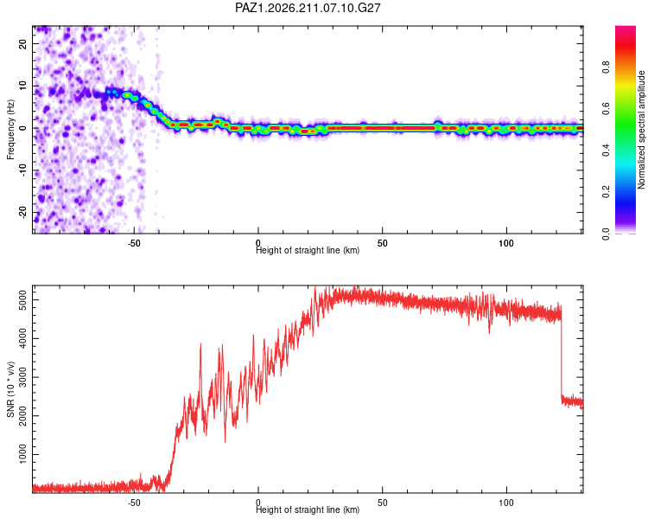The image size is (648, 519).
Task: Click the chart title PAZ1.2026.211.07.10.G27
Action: click(x=308, y=8)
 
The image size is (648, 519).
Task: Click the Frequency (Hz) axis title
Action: click(x=10, y=130)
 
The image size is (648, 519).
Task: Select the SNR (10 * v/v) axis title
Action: click(x=10, y=389)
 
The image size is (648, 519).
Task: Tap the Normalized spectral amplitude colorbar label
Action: click(x=641, y=130)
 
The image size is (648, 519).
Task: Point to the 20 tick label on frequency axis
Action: click(x=22, y=43)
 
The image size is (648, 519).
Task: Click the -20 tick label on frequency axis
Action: click(x=22, y=212)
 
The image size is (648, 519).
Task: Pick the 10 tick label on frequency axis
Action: click(x=22, y=86)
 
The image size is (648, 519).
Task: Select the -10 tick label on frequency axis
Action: click(x=22, y=170)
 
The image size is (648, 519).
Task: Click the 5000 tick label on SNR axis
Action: click(x=22, y=299)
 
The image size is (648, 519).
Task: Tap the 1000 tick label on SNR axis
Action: click(x=22, y=454)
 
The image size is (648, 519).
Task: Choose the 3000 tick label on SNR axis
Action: click(x=22, y=377)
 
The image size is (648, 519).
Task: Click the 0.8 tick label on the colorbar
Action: click(x=606, y=67)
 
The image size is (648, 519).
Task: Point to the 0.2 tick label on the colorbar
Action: click(x=606, y=192)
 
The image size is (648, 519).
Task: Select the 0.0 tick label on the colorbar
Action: click(x=606, y=234)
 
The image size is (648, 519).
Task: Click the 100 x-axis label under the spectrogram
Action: click(x=506, y=243)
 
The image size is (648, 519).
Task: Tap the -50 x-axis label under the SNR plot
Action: click(x=134, y=503)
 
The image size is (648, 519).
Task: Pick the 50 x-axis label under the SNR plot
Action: click(x=382, y=503)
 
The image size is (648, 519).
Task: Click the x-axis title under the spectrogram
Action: click(x=308, y=250)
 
